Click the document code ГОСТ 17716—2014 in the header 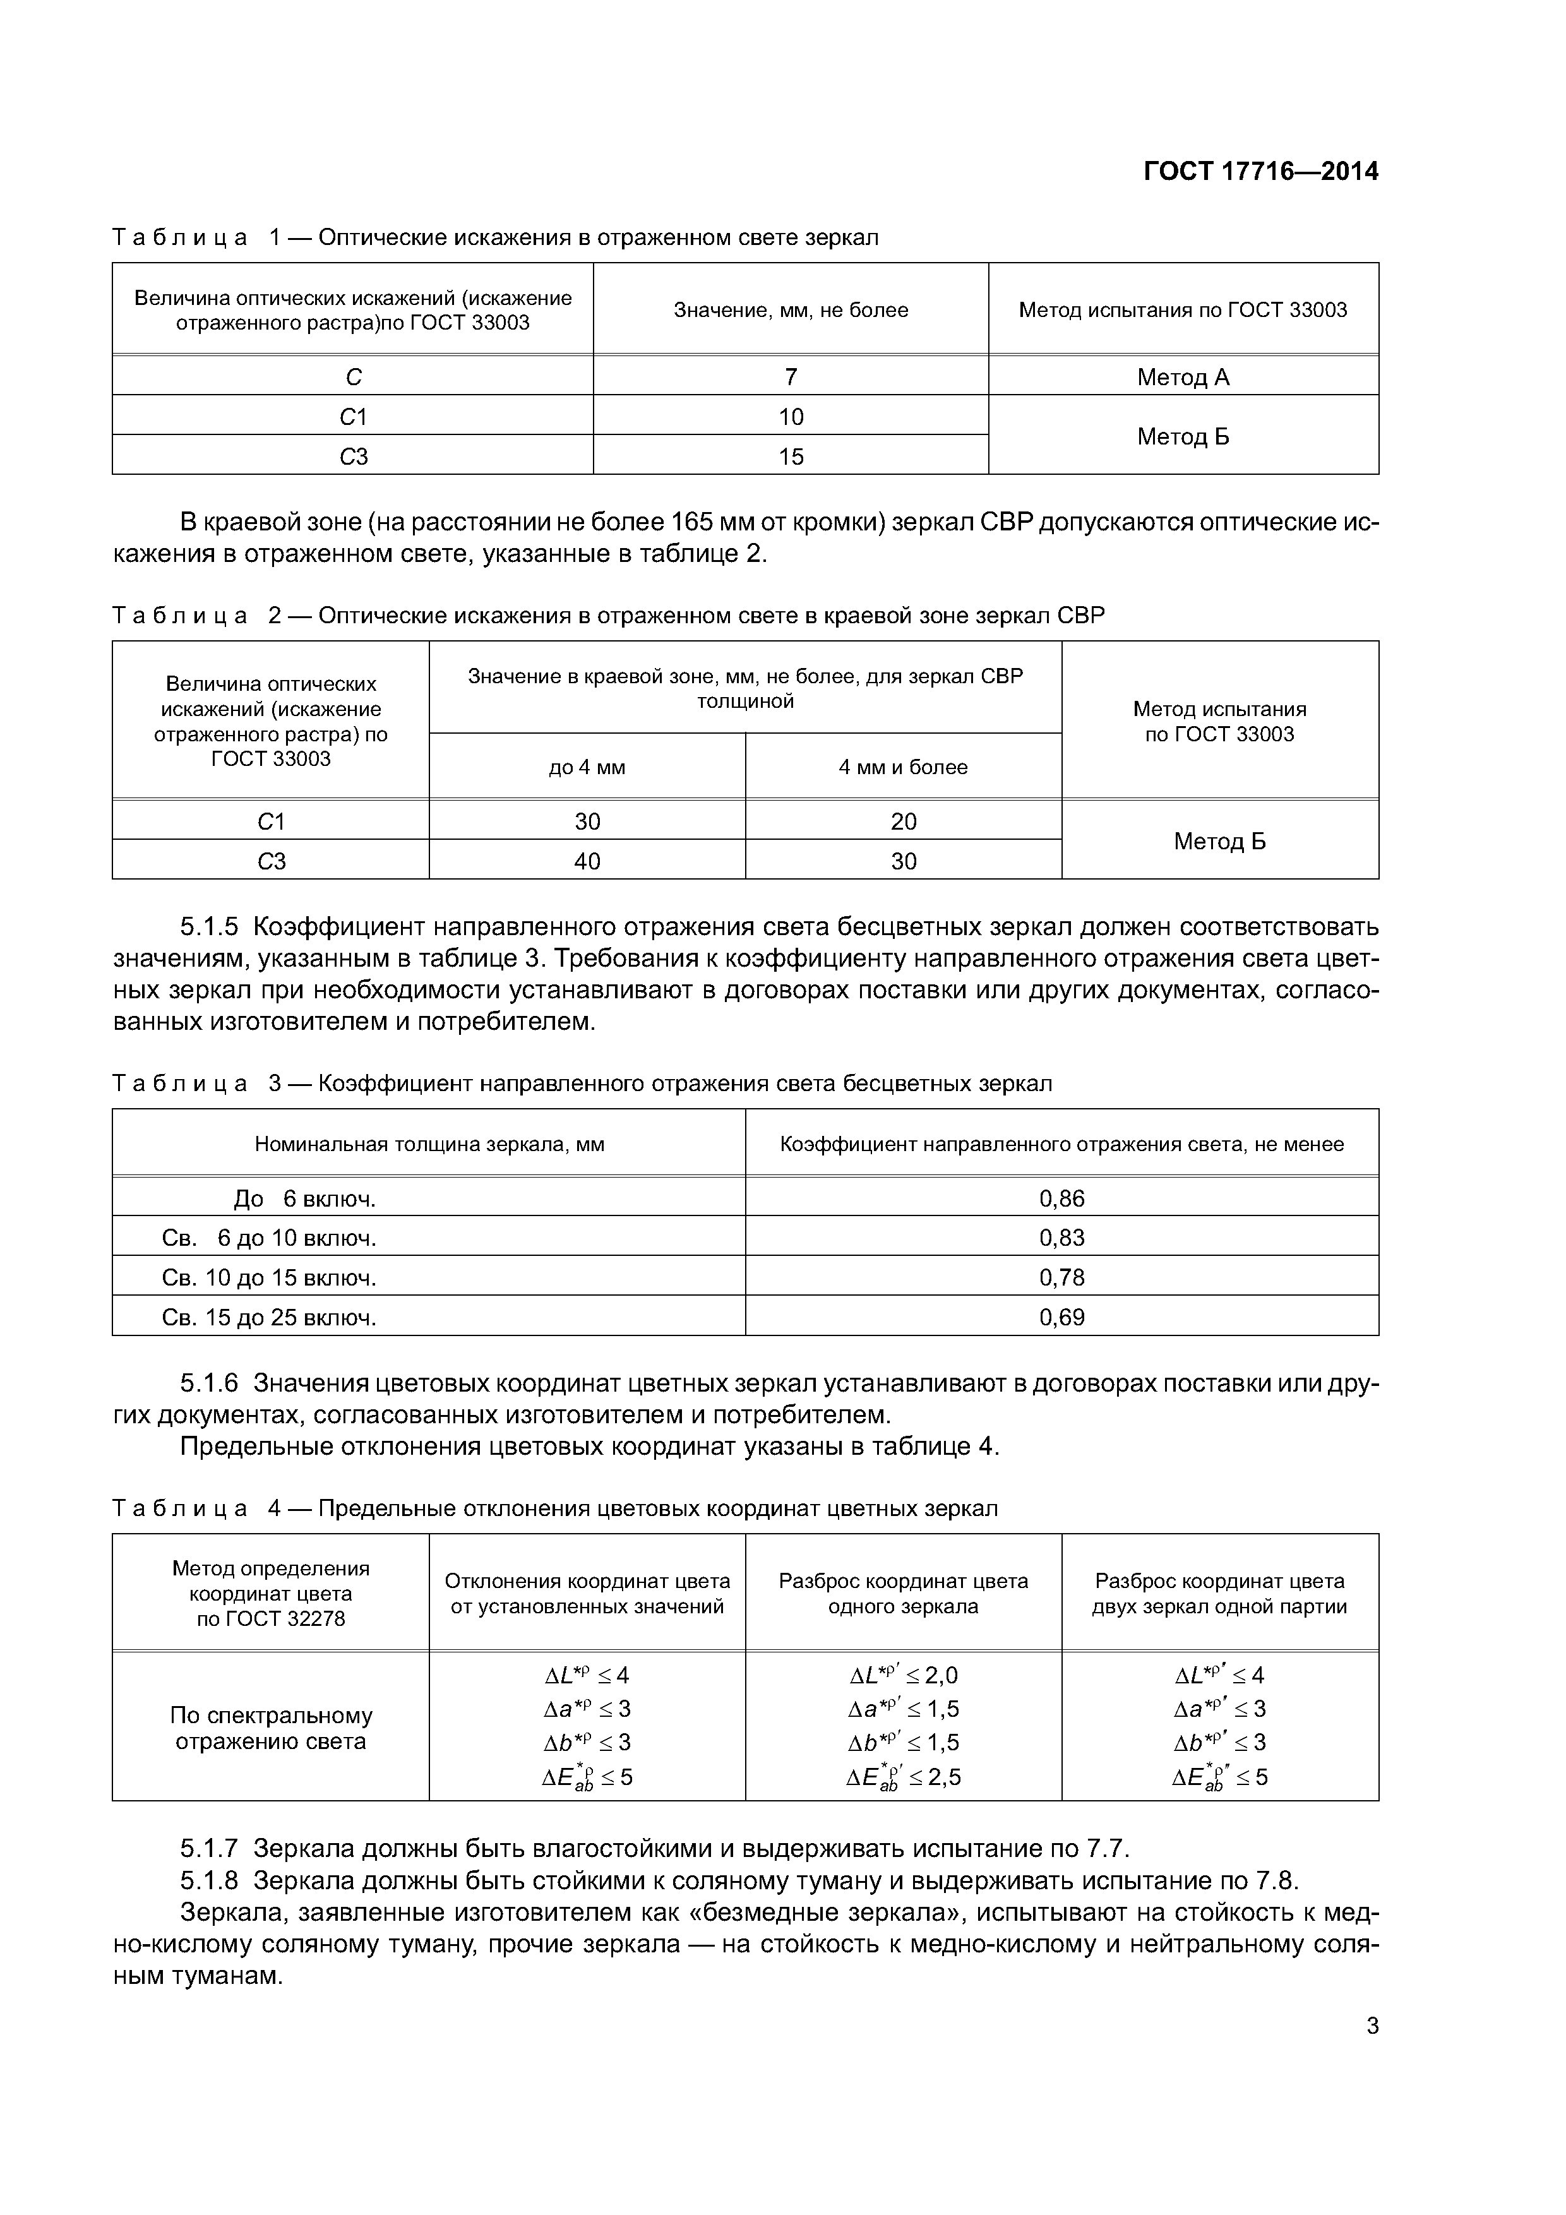1260,172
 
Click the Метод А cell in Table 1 1183,377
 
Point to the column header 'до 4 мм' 587,767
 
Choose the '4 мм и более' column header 903,767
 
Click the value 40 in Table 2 587,861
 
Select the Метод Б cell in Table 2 1219,841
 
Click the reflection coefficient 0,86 1061,1198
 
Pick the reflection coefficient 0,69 1061,1317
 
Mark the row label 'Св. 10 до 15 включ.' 269,1277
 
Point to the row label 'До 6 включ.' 305,1198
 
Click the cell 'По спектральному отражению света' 270,1728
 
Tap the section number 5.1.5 208,927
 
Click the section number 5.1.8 208,1880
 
